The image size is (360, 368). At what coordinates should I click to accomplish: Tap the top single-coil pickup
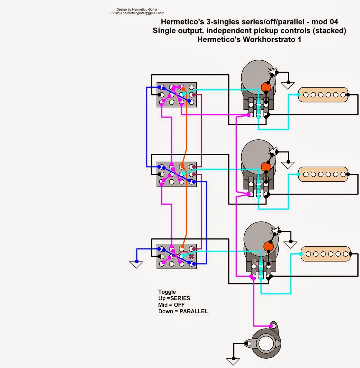tap(324, 95)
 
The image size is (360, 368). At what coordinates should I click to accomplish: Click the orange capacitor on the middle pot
tap(266, 166)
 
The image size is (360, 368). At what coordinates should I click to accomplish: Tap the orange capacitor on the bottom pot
tap(269, 246)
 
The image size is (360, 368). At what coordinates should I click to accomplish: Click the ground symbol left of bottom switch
tap(136, 264)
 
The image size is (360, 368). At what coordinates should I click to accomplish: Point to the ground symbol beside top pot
tap(288, 86)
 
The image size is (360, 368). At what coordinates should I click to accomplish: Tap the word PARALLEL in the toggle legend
tap(193, 311)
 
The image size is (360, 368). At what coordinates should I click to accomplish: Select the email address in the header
tap(143, 13)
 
